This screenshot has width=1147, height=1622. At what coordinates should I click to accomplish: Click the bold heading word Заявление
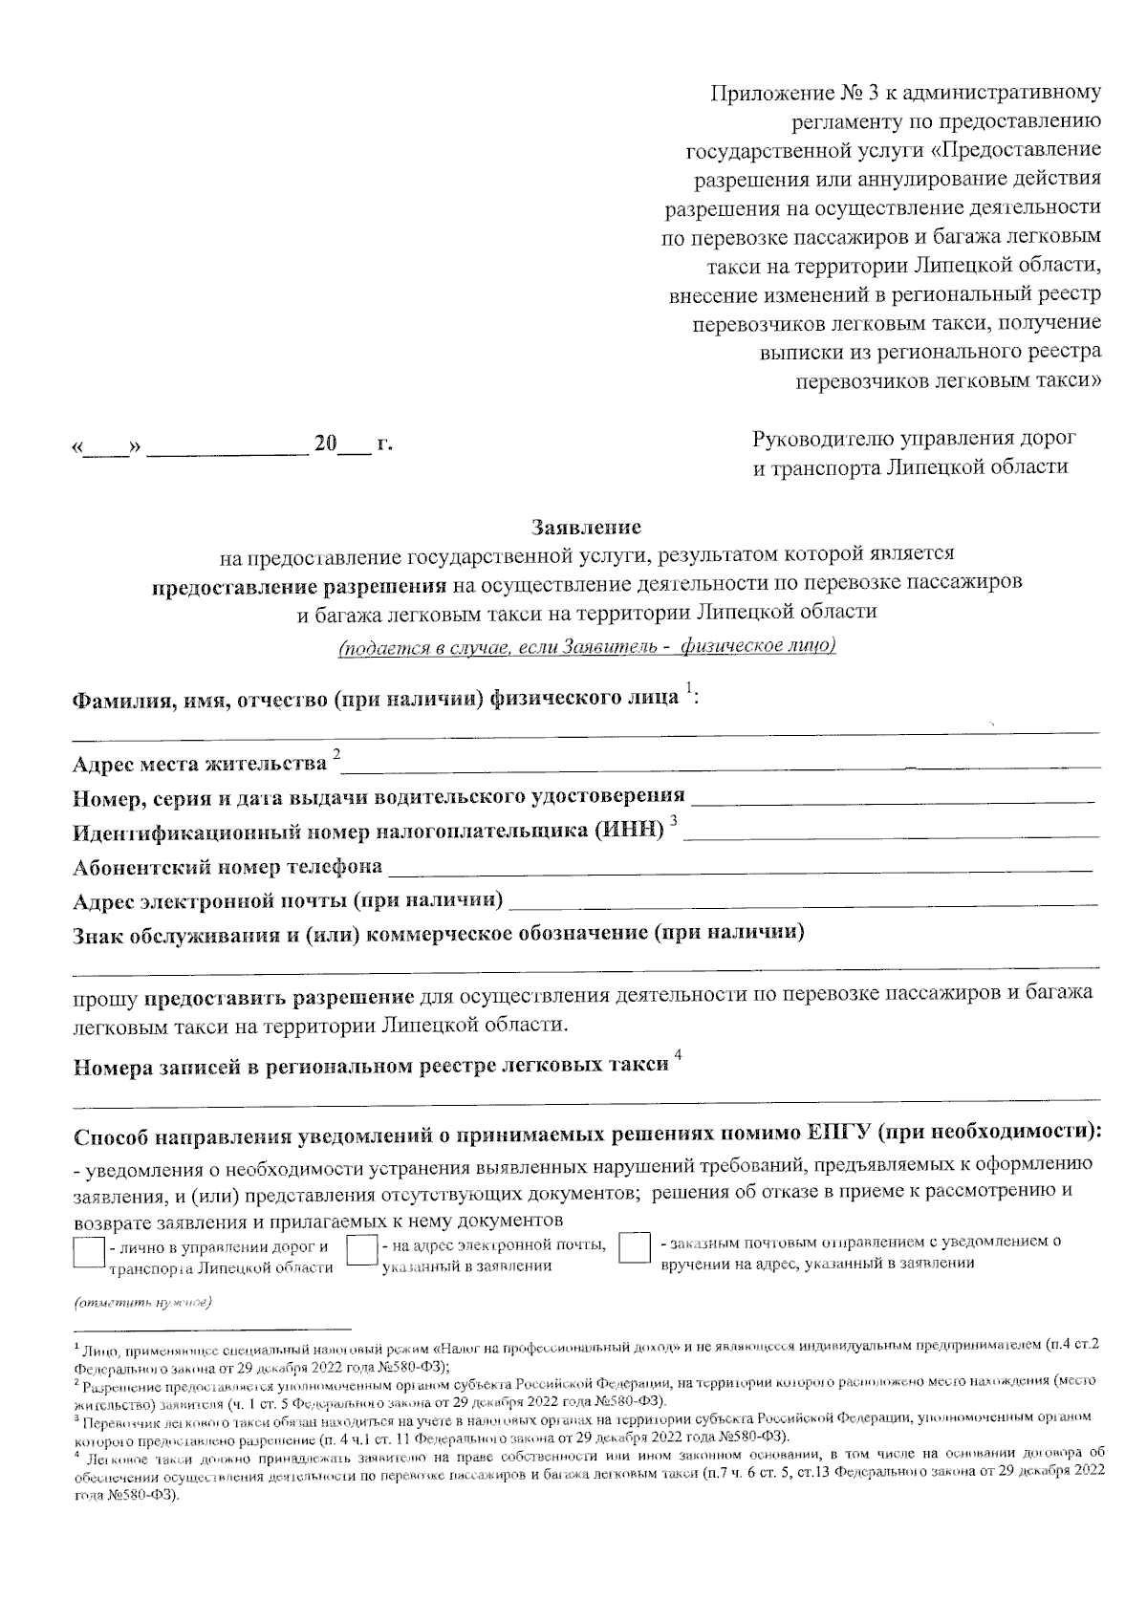click(587, 527)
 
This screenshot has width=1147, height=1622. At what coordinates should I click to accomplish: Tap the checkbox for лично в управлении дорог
click(88, 1251)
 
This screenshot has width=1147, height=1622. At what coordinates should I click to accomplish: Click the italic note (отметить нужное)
click(144, 1303)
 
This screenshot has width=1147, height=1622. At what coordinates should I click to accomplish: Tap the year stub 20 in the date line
click(327, 443)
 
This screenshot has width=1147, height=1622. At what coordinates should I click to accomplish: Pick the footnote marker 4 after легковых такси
click(678, 1054)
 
